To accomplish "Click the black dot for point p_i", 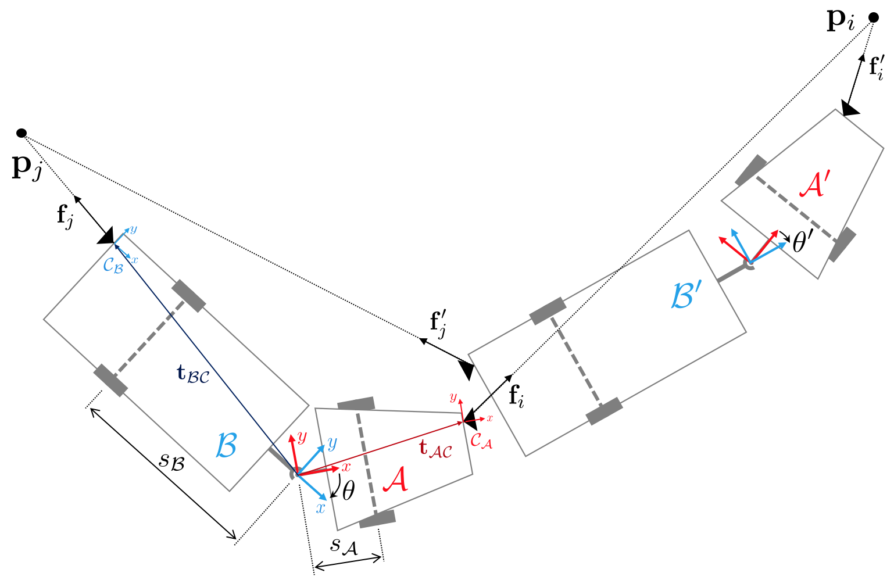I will pos(873,17).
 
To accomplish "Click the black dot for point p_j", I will pos(22,133).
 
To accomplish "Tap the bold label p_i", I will pos(841,21).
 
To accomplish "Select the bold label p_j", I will pos(27,167).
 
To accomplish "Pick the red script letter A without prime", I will pos(396,480).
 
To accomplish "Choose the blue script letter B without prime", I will pos(226,446).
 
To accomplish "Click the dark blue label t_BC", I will pos(192,374).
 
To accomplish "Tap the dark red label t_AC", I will pos(435,448).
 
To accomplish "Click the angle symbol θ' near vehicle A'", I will pos(803,242).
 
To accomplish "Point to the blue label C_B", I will pos(113,266).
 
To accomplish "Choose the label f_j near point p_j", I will pos(65,216).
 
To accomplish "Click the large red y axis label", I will pos(302,437).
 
